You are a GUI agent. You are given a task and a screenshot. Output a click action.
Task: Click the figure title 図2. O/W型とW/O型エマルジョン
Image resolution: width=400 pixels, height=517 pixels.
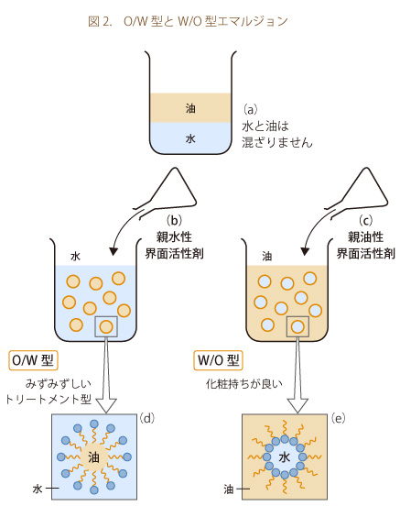point(188,21)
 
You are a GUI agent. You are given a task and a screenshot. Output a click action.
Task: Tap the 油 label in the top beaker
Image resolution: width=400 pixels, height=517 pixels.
point(190,108)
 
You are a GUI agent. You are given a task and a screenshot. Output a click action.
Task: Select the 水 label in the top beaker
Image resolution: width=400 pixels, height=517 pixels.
point(190,138)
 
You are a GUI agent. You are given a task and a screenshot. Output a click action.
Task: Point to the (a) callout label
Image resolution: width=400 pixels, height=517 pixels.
point(250,109)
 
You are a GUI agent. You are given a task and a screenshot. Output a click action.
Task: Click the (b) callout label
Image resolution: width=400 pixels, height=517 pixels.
point(174,220)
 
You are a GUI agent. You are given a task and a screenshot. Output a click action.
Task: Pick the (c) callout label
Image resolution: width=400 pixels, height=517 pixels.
point(366,220)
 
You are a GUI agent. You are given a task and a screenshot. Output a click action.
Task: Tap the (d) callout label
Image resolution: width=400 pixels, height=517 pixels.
point(146,418)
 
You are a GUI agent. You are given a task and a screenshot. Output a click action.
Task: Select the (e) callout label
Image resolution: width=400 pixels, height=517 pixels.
point(338,418)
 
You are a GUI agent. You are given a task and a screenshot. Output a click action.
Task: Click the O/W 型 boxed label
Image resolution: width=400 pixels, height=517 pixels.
point(33,360)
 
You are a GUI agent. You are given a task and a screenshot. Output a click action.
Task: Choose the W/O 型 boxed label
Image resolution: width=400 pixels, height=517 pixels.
point(218,360)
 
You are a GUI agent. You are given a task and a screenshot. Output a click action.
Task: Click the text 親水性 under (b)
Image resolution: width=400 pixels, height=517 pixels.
point(174,237)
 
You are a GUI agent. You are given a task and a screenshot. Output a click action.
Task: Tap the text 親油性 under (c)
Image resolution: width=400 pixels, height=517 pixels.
point(366,237)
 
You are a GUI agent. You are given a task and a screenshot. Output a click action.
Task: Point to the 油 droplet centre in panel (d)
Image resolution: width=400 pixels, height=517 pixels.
point(94,457)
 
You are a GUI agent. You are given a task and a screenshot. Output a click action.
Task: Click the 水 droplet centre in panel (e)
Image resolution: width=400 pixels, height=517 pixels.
point(285,457)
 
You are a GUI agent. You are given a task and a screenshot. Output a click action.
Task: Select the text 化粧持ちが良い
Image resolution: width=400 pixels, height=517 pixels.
point(244,384)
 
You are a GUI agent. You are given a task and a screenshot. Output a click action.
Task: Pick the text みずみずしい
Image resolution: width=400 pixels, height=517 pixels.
point(59,384)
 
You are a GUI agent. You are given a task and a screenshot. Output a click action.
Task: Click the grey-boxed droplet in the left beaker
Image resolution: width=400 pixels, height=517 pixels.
point(106,326)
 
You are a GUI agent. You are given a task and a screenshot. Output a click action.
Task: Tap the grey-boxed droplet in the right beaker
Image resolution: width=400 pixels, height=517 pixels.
point(297,326)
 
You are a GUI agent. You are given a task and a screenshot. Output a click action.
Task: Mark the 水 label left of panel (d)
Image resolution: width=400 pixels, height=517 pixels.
point(38,489)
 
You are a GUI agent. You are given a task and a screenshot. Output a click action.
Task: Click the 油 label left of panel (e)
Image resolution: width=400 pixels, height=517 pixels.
point(229,489)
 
